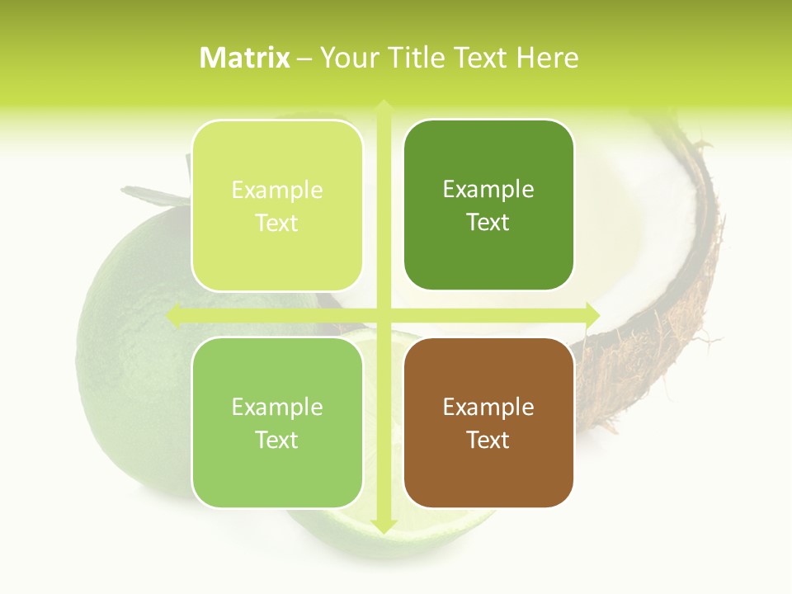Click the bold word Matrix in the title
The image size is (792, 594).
pos(245,58)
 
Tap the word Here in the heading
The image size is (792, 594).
pos(547,58)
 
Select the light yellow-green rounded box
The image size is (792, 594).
pos(277,205)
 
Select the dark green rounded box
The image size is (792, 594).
pos(488,205)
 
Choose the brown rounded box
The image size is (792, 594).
pos(488,422)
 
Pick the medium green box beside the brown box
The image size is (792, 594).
pos(277,422)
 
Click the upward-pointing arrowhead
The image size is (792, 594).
pos(383,107)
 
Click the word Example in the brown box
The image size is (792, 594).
pos(488,407)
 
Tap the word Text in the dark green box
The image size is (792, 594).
pos(488,222)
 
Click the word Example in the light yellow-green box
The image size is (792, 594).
pos(277,190)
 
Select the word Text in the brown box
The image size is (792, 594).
pos(488,440)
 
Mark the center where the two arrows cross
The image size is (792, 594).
pos(383,314)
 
